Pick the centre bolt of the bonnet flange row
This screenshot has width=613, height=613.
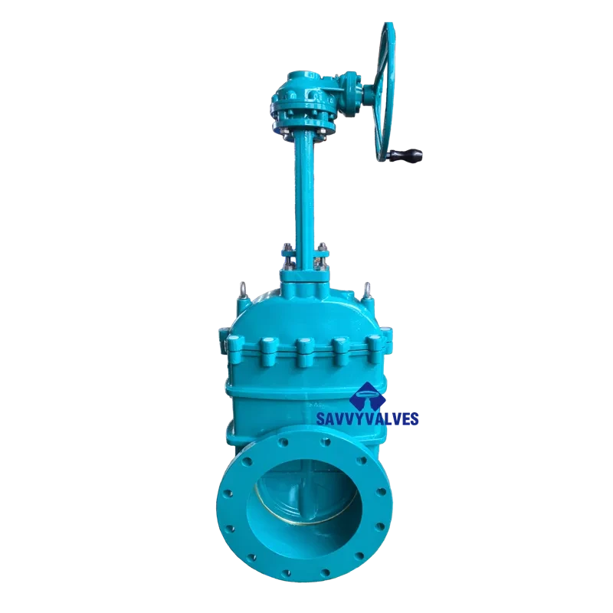point(304,350)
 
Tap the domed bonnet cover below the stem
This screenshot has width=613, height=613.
point(305,306)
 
